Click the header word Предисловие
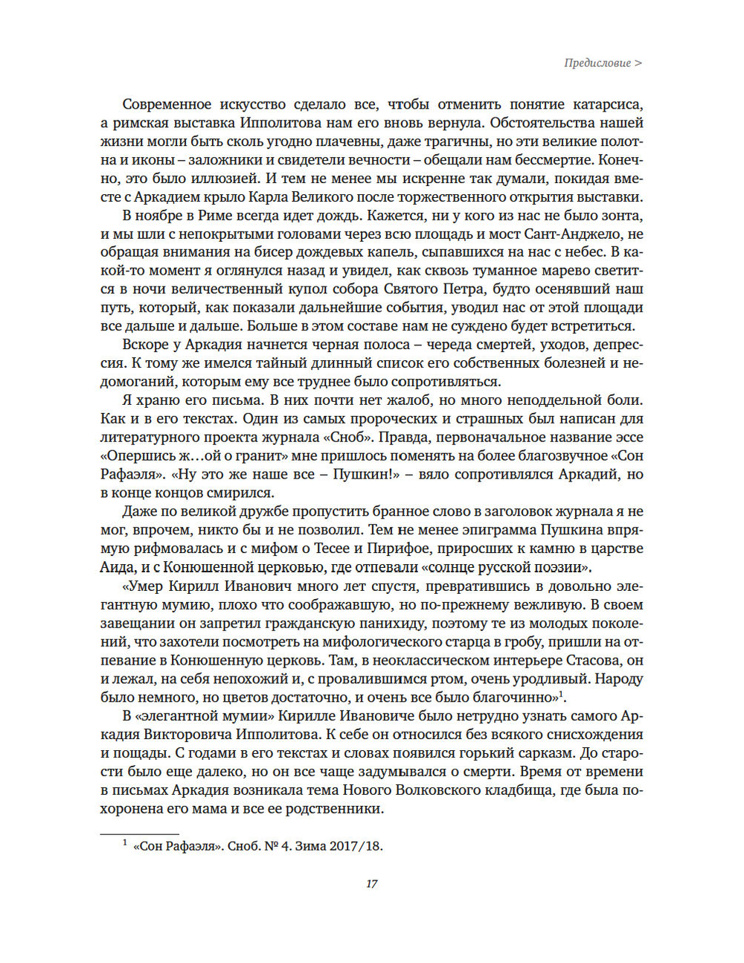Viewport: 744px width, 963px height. tap(597, 63)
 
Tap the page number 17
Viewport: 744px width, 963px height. tap(371, 883)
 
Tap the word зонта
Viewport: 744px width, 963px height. tap(623, 215)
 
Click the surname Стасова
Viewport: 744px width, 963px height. tap(592, 660)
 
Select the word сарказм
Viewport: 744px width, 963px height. tap(526, 753)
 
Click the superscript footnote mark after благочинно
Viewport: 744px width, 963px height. tap(562, 694)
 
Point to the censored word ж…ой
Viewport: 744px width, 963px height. tap(198, 455)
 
